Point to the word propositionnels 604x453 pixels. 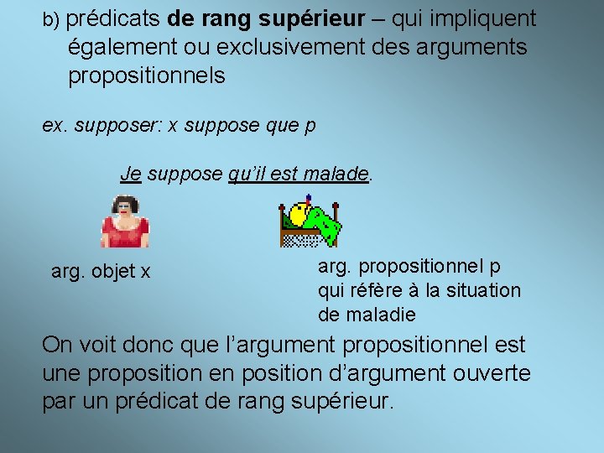pyautogui.click(x=147, y=75)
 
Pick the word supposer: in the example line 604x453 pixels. pyautogui.click(x=118, y=126)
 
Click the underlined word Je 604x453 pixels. pyautogui.click(x=130, y=174)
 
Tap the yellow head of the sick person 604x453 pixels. pyautogui.click(x=297, y=216)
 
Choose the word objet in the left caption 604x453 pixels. pyautogui.click(x=112, y=272)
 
